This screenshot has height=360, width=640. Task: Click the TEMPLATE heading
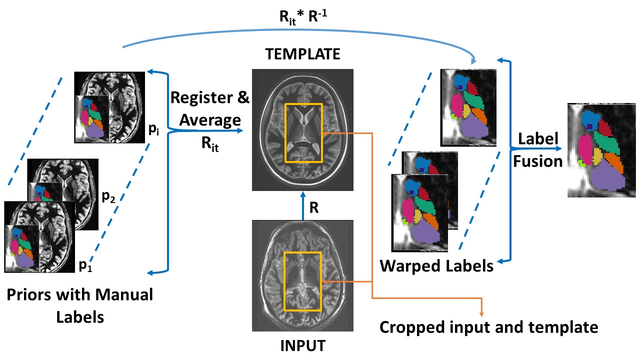tap(302, 54)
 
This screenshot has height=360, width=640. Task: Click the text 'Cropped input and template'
tap(488, 327)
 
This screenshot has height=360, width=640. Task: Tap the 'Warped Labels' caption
tap(436, 265)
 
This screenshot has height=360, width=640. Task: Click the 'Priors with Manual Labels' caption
tap(80, 305)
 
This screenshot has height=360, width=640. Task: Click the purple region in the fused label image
tap(604, 177)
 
